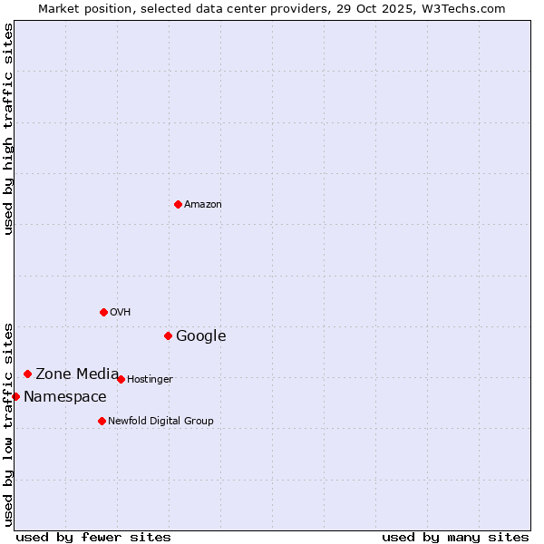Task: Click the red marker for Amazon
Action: click(178, 204)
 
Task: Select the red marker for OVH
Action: click(103, 312)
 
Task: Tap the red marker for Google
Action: click(168, 335)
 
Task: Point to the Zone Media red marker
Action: click(27, 374)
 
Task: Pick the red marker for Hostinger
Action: click(121, 379)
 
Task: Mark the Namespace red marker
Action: click(15, 396)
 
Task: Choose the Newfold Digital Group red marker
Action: click(102, 421)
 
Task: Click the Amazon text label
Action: click(203, 205)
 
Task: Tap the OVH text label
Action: click(121, 313)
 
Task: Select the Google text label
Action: click(201, 336)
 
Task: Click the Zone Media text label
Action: click(77, 374)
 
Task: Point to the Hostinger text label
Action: click(150, 380)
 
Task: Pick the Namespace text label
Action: click(65, 397)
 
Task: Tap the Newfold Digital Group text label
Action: click(161, 422)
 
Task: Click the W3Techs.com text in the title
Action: click(461, 8)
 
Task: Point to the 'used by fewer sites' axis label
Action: click(93, 537)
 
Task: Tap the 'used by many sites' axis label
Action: click(455, 537)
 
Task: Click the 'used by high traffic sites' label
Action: click(8, 129)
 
